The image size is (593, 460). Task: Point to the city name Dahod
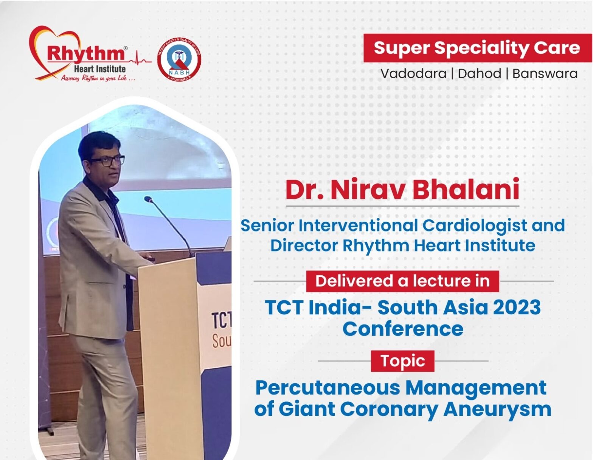[480, 74]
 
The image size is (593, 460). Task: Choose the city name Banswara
[545, 74]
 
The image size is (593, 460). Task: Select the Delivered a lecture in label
[402, 281]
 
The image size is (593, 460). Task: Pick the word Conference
[403, 329]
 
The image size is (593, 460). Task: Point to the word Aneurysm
[497, 409]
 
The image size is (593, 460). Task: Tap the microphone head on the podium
[148, 199]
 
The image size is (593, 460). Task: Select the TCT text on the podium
[221, 320]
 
